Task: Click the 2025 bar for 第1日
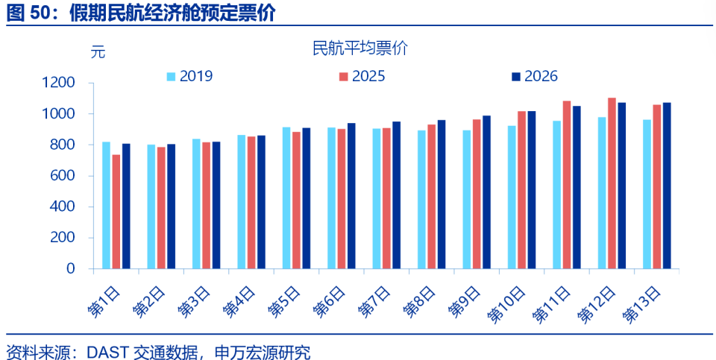pyautogui.click(x=116, y=212)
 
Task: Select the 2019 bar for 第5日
pyautogui.click(x=286, y=198)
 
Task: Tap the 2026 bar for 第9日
pyautogui.click(x=486, y=192)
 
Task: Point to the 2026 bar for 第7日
pyautogui.click(x=396, y=195)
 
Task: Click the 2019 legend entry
pyautogui.click(x=189, y=76)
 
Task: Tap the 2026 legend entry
pyautogui.click(x=534, y=76)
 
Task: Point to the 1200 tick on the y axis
pyautogui.click(x=60, y=83)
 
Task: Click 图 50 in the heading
pyautogui.click(x=28, y=13)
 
